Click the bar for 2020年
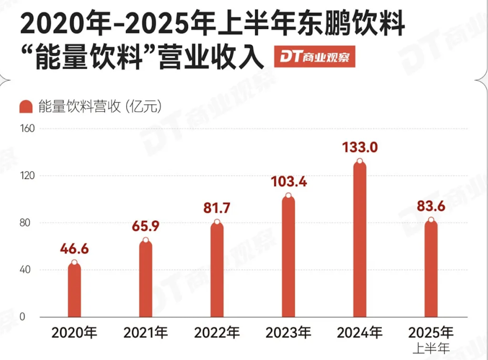(74, 290)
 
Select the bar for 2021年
(146, 279)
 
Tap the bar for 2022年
(217, 270)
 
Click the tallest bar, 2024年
(360, 239)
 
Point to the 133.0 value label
(360, 147)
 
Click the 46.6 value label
(74, 249)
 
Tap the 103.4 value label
(289, 181)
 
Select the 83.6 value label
(431, 206)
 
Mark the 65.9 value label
(146, 226)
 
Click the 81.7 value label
(217, 208)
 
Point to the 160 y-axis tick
(27, 128)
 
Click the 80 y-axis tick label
(25, 223)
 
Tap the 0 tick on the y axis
(22, 317)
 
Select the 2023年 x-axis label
(288, 332)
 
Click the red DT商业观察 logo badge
(314, 56)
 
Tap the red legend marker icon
(26, 107)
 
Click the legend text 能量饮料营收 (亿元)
(100, 107)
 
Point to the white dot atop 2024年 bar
(360, 161)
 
